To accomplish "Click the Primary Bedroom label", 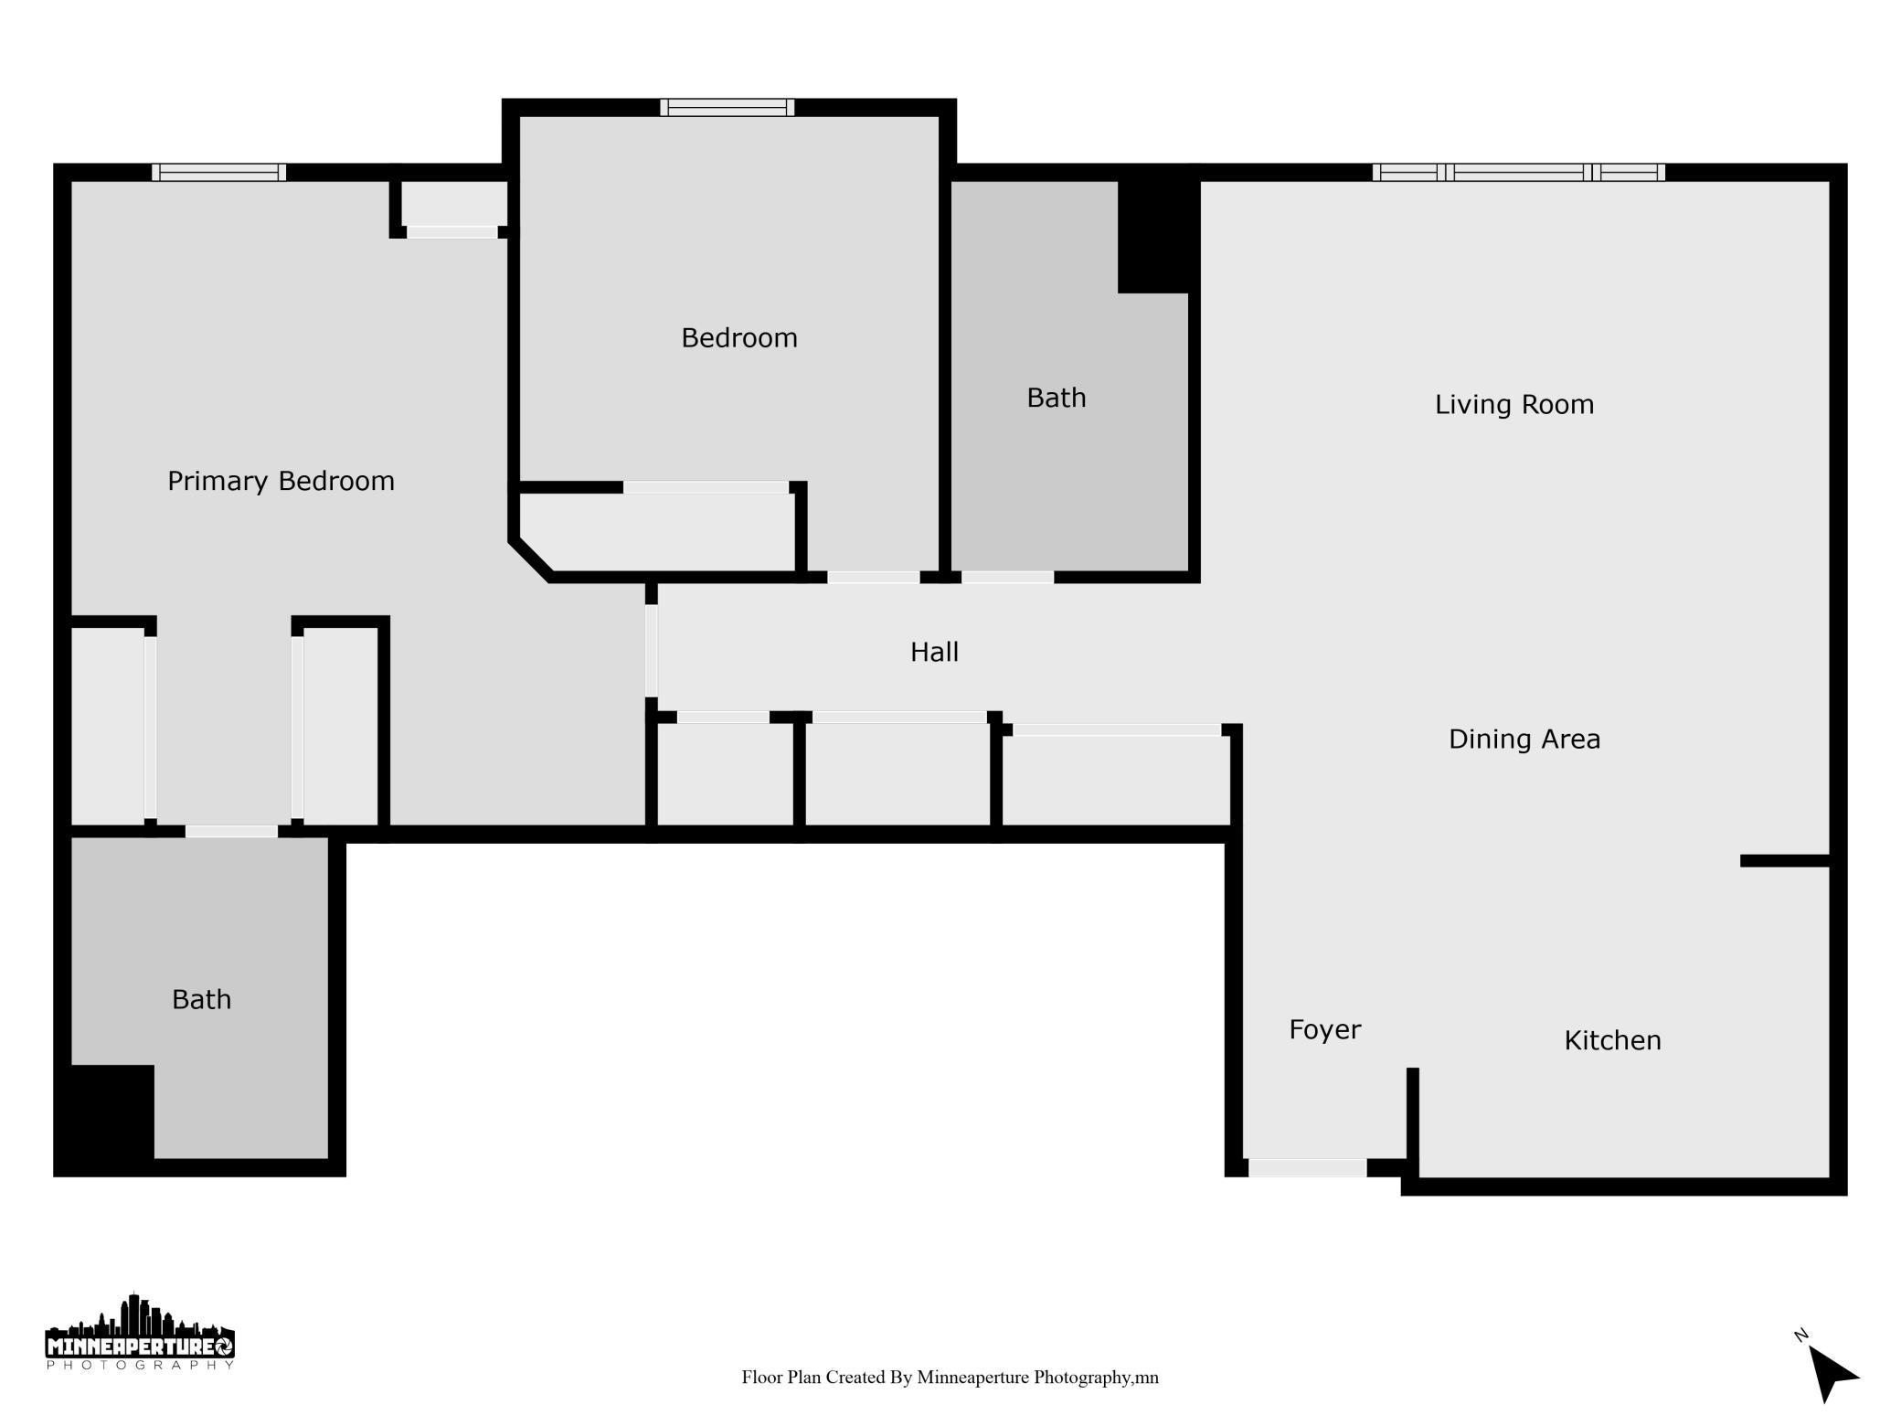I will click(x=281, y=482).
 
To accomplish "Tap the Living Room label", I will click(x=1513, y=405).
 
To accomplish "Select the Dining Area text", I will click(x=1524, y=740).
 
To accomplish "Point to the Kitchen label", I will click(x=1612, y=1041).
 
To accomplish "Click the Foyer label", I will click(x=1324, y=1030).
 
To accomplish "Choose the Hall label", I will click(x=934, y=653).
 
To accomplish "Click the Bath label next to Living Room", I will click(x=1056, y=399).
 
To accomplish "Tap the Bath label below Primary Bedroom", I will click(x=201, y=1000).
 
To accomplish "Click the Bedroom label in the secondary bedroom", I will click(x=738, y=339).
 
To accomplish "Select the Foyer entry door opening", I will click(x=1307, y=1168).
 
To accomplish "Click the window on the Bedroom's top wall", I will click(x=727, y=108).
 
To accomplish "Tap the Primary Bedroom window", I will click(x=218, y=173).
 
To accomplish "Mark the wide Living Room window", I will click(x=1518, y=173).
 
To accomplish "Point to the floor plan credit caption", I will click(x=950, y=1378).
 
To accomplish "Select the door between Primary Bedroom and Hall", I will click(x=651, y=651).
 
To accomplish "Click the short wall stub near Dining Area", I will click(x=1784, y=861).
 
